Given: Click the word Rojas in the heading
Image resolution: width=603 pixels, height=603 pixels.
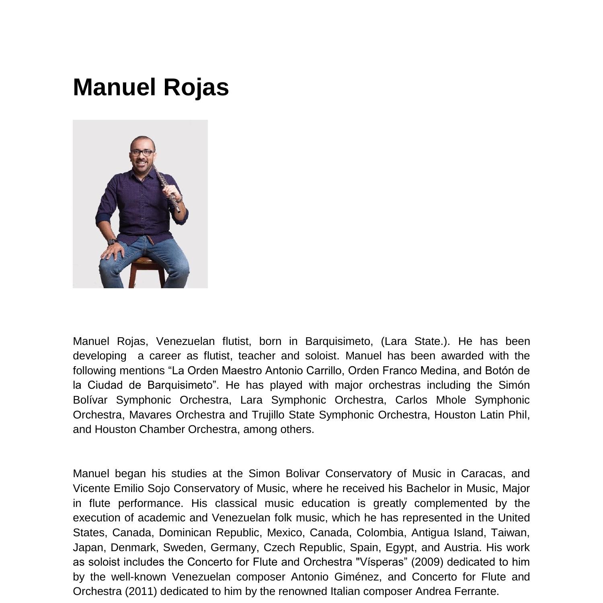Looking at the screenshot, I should [x=196, y=87].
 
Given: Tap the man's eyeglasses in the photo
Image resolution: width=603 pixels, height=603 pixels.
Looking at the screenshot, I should [x=142, y=153].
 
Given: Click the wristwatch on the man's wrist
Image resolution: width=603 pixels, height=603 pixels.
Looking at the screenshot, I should [x=112, y=242].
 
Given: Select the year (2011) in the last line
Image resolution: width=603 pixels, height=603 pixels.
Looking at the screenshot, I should [x=141, y=592].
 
